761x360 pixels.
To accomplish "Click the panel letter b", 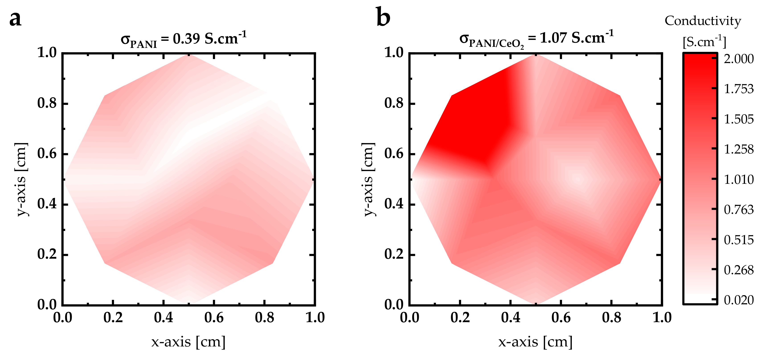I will pos(383,18).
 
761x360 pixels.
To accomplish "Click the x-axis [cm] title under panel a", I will pos(188,342).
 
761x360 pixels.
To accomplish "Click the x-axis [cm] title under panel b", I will pos(535,342).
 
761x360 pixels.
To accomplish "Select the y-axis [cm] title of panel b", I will pos(368,179).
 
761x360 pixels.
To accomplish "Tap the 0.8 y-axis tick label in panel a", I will pos(47,103).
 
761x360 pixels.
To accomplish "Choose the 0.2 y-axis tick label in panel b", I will pos(394,254).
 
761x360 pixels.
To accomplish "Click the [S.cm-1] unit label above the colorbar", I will pos(704,42).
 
